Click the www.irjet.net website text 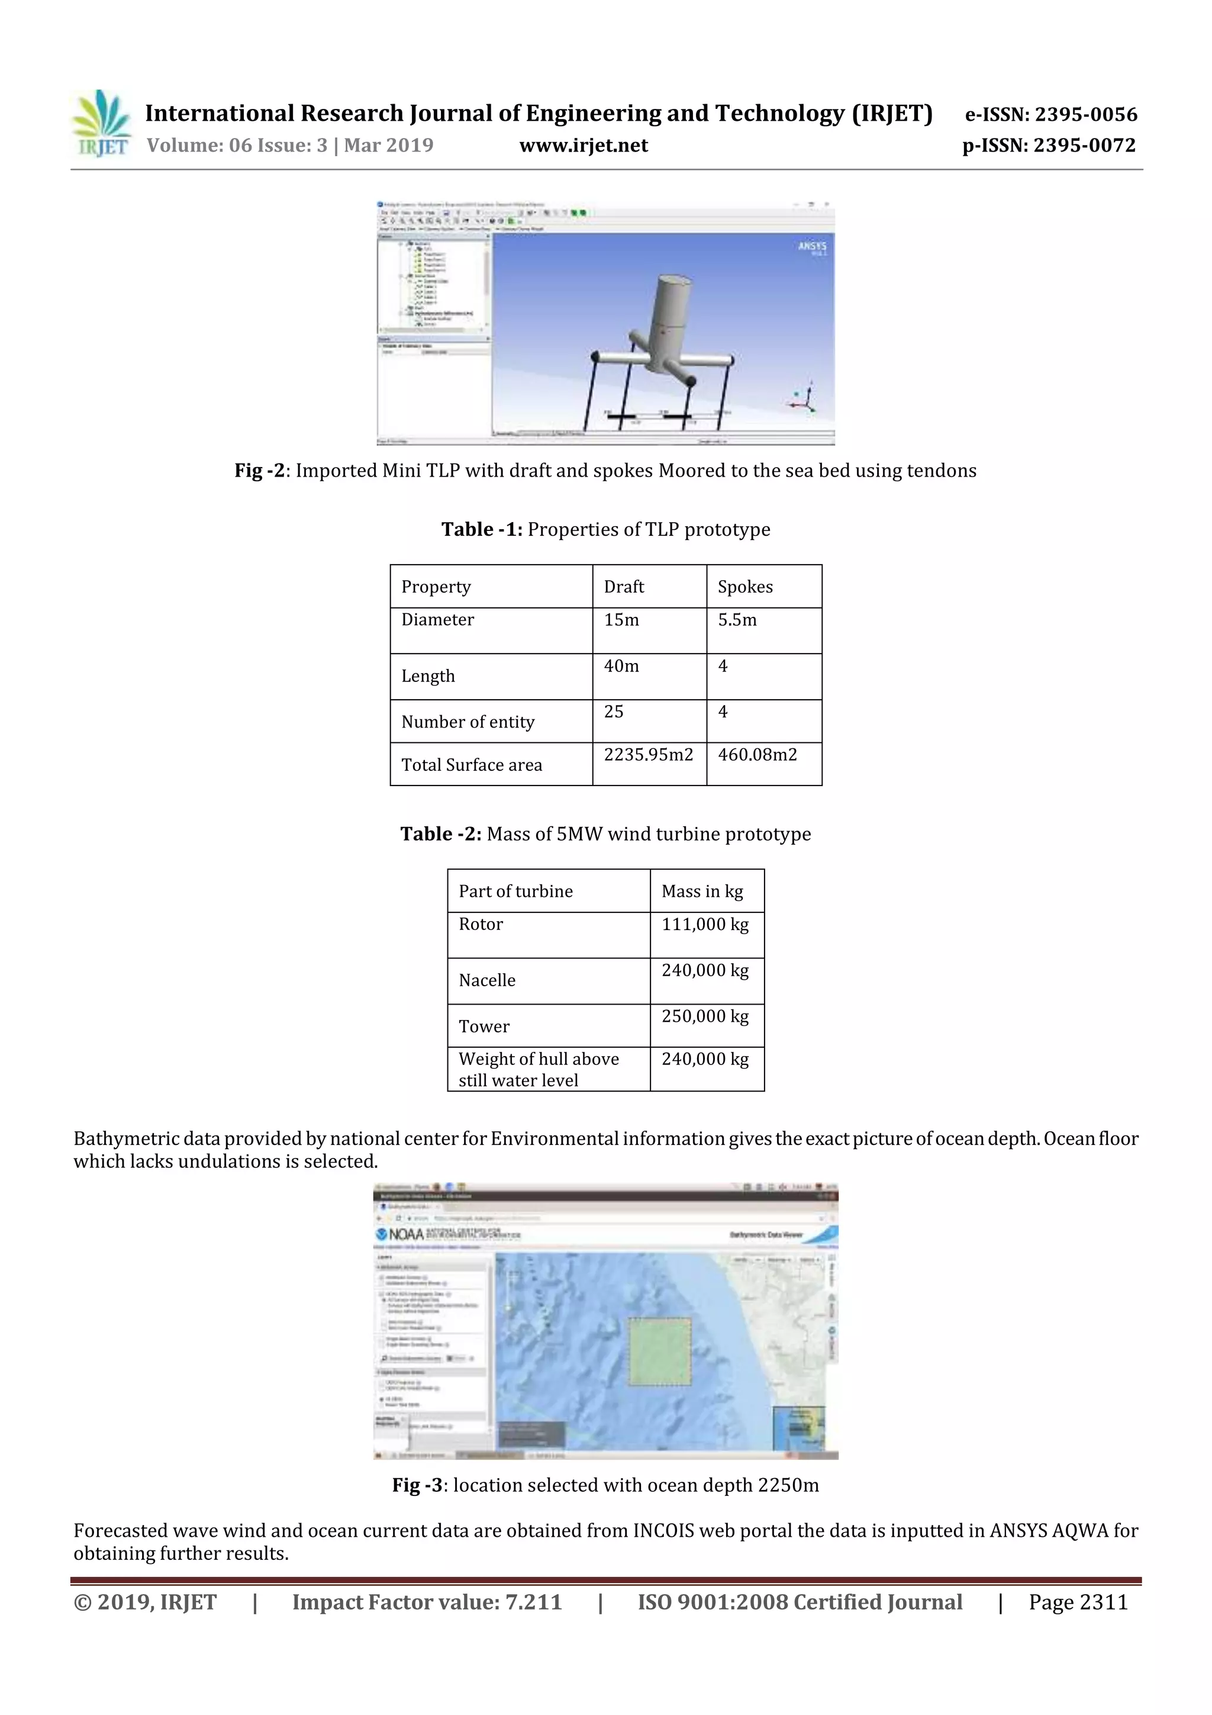coord(584,146)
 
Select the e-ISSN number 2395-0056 coord(1050,114)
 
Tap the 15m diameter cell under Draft coord(621,620)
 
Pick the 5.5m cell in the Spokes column coord(737,620)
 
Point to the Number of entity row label coord(468,722)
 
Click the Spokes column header coord(744,587)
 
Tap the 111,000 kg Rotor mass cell coord(704,925)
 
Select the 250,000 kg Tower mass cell coord(704,1016)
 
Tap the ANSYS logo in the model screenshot coord(812,246)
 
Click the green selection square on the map coord(659,1352)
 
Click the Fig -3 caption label coord(419,1485)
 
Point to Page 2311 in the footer coord(1078,1602)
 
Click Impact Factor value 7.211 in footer coord(427,1602)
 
